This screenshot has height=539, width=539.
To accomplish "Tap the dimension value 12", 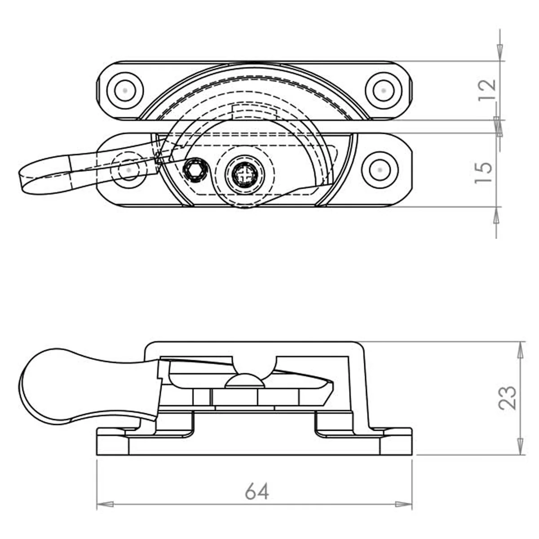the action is pos(487,90).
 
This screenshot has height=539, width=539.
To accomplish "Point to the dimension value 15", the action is pos(483,172).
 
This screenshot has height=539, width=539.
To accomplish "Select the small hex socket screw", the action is pos(194,170).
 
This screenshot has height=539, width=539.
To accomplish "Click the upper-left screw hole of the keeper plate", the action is pos(125,90).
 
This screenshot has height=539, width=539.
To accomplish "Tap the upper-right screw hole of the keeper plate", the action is pos(384,90).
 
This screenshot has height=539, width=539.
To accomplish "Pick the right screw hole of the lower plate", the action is pos(380,170).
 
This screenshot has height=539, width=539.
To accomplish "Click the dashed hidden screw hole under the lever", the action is pos(128,170).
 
